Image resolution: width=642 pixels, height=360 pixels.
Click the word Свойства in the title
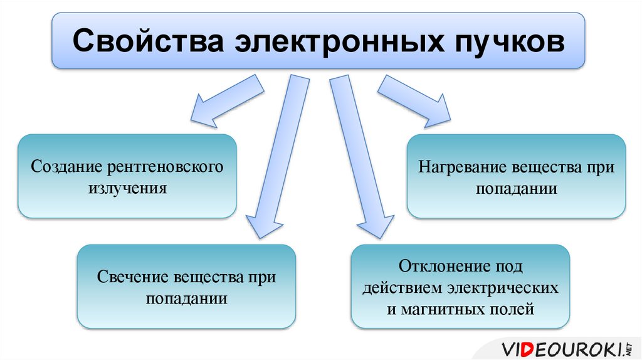click(x=145, y=42)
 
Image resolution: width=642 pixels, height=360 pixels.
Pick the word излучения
click(x=127, y=188)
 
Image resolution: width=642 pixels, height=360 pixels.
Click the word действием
click(x=400, y=287)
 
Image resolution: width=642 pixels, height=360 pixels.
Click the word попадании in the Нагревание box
click(x=516, y=188)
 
